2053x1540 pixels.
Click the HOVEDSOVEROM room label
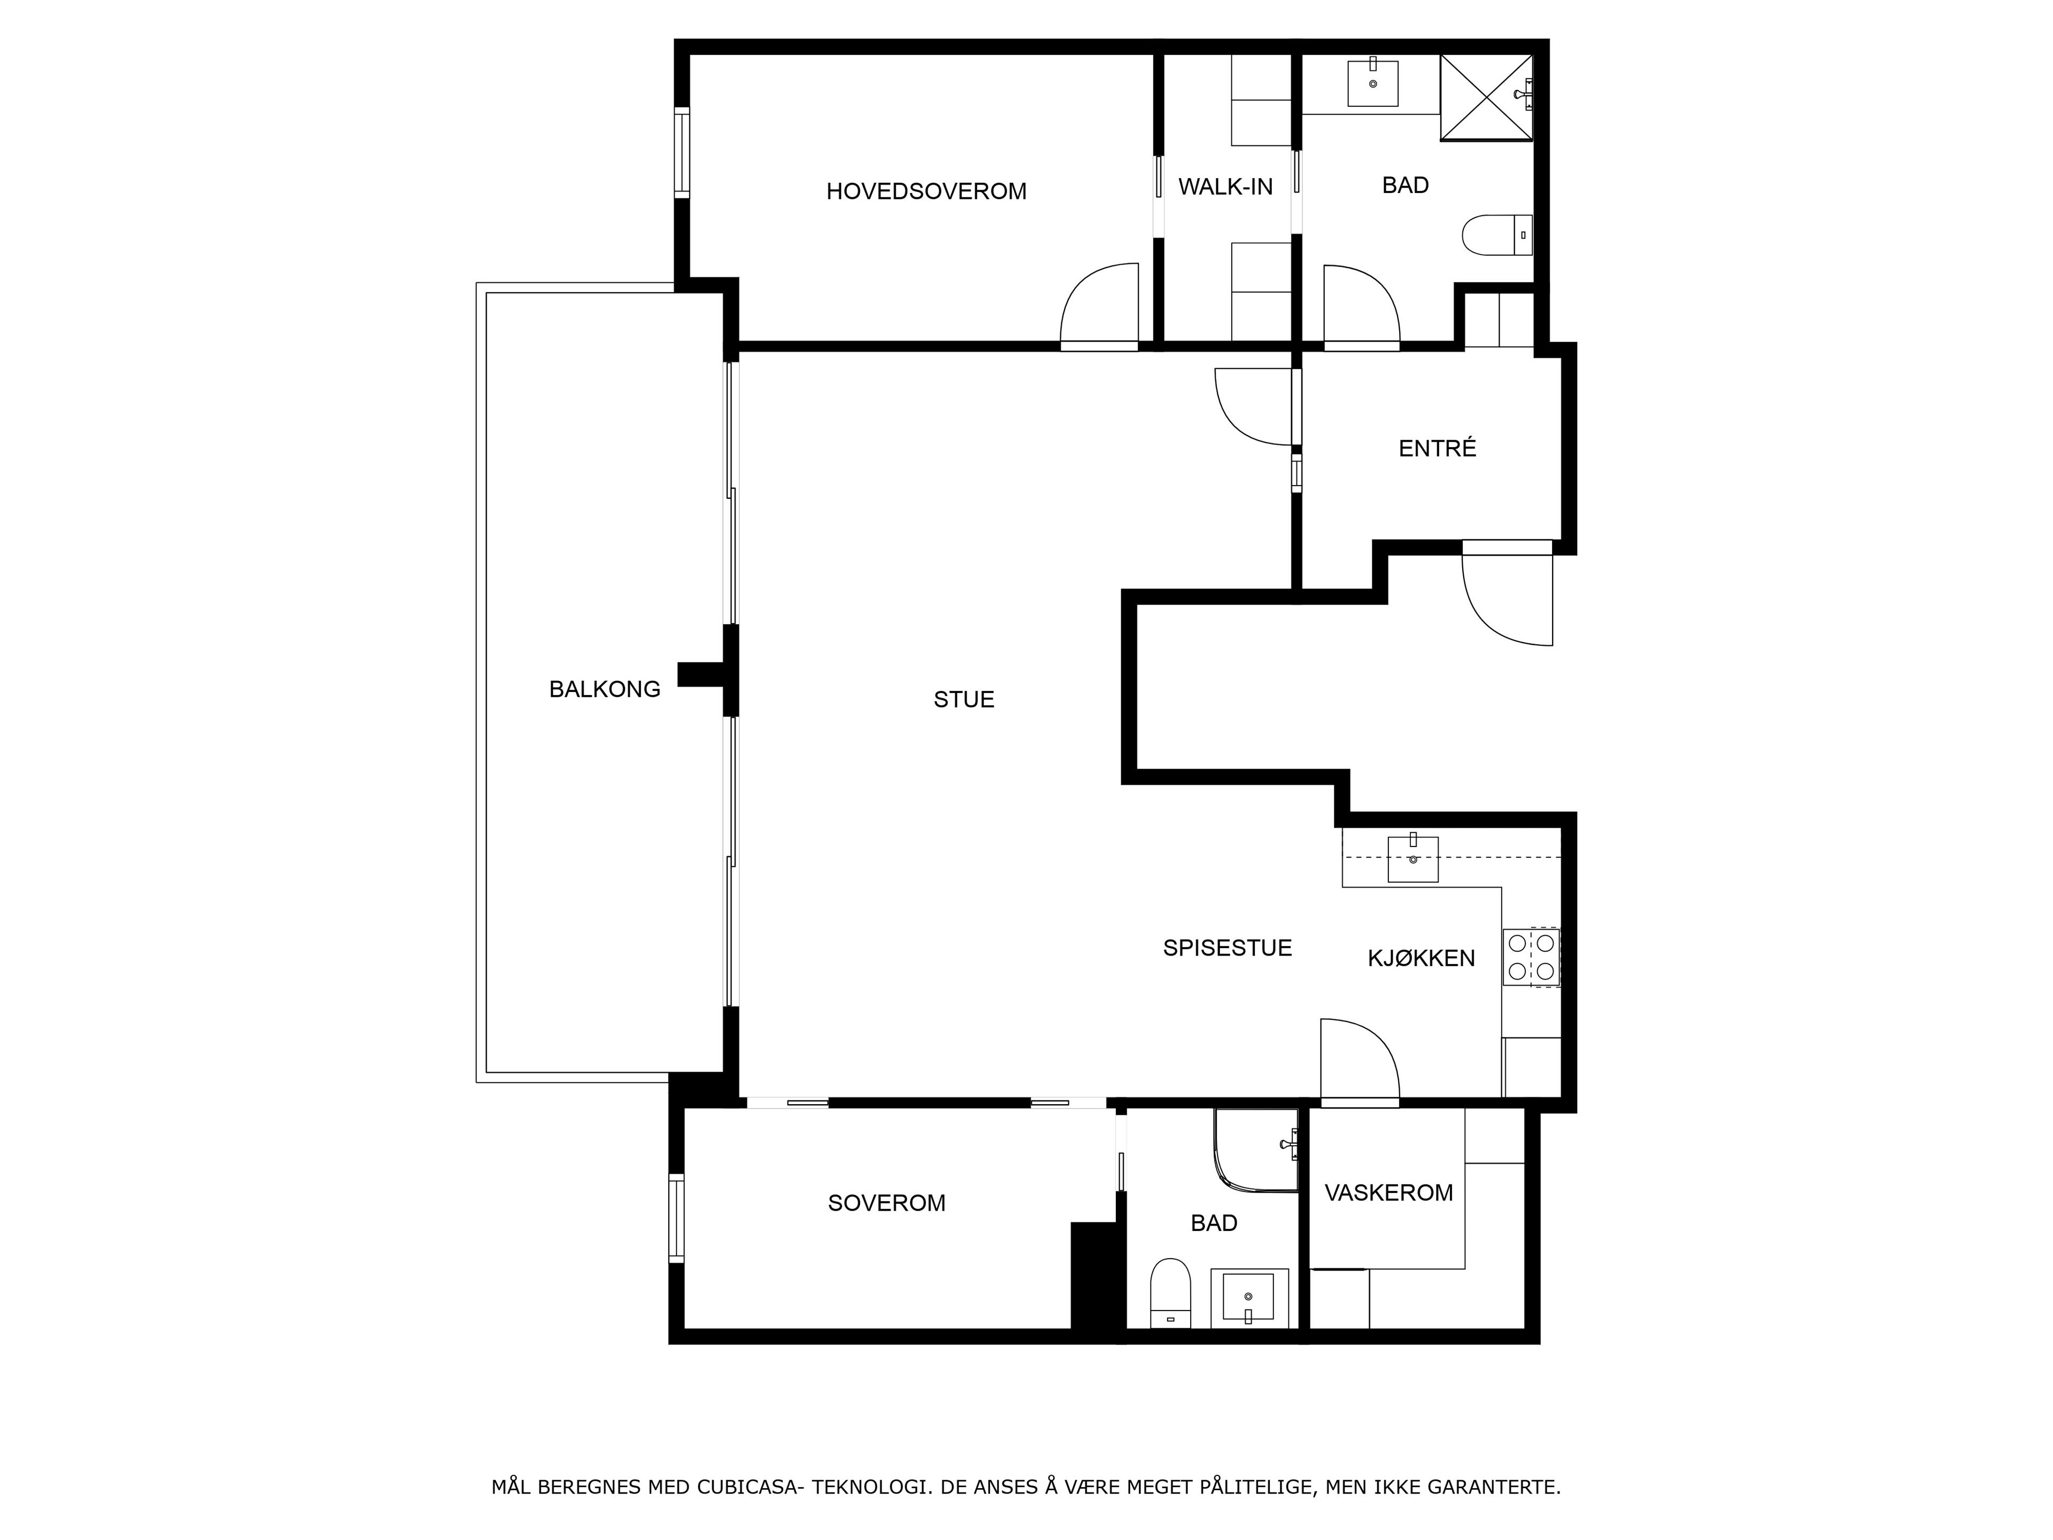927,191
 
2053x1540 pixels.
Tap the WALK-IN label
1225,187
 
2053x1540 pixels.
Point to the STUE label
963,699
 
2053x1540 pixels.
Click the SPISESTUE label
1227,948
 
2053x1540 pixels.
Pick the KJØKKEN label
1421,958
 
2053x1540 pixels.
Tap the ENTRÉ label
1437,448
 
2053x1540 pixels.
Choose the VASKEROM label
1388,1193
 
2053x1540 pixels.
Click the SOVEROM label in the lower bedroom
886,1203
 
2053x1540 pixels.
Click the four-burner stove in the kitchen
1531,957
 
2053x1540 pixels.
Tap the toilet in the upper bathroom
1496,235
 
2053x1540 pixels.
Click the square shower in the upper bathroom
1486,97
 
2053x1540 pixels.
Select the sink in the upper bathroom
1372,83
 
